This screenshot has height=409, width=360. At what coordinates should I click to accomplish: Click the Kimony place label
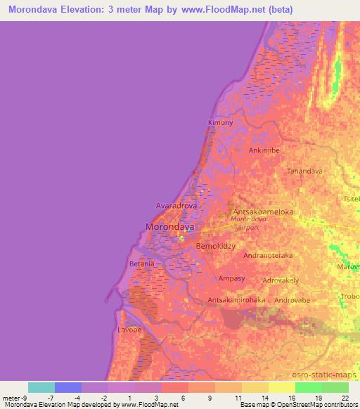220,123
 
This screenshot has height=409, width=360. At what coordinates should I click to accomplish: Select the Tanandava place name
305,171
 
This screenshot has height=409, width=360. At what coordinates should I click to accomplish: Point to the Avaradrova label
176,206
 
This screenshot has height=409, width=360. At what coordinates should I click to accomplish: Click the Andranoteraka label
267,256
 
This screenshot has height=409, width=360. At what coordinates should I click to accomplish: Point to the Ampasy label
231,278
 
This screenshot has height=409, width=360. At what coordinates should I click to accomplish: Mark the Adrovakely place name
280,280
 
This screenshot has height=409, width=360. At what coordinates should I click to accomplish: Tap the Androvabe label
293,300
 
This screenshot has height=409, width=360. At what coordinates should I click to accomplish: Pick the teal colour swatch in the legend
41,387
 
